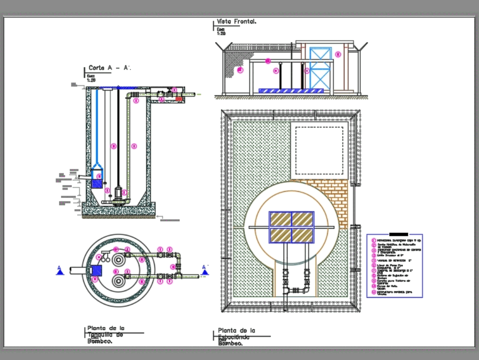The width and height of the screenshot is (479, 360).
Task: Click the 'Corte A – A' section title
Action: tap(109, 69)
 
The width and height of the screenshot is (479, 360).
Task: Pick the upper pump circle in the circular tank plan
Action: tap(118, 259)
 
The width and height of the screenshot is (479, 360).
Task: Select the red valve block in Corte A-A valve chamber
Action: tap(179, 98)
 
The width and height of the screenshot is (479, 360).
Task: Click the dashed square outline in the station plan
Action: tap(319, 151)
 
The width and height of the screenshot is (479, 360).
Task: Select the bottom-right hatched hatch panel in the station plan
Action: tap(302, 235)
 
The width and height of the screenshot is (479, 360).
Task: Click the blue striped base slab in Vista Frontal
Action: tap(293, 90)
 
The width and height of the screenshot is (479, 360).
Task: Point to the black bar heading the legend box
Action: tap(399, 234)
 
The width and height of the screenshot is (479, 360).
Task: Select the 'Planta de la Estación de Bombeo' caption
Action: tap(237, 337)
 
